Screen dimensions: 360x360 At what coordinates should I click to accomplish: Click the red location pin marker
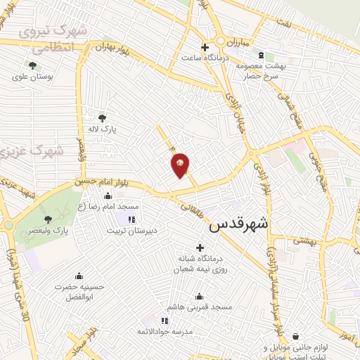(x=181, y=165)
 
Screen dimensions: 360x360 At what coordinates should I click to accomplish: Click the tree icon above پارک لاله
(x=103, y=118)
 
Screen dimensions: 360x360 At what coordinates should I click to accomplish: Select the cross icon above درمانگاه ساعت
(x=205, y=48)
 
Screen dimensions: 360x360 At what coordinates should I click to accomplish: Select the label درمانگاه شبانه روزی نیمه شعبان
(x=199, y=264)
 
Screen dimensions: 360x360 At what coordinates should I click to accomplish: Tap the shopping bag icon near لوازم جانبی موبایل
(x=295, y=337)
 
